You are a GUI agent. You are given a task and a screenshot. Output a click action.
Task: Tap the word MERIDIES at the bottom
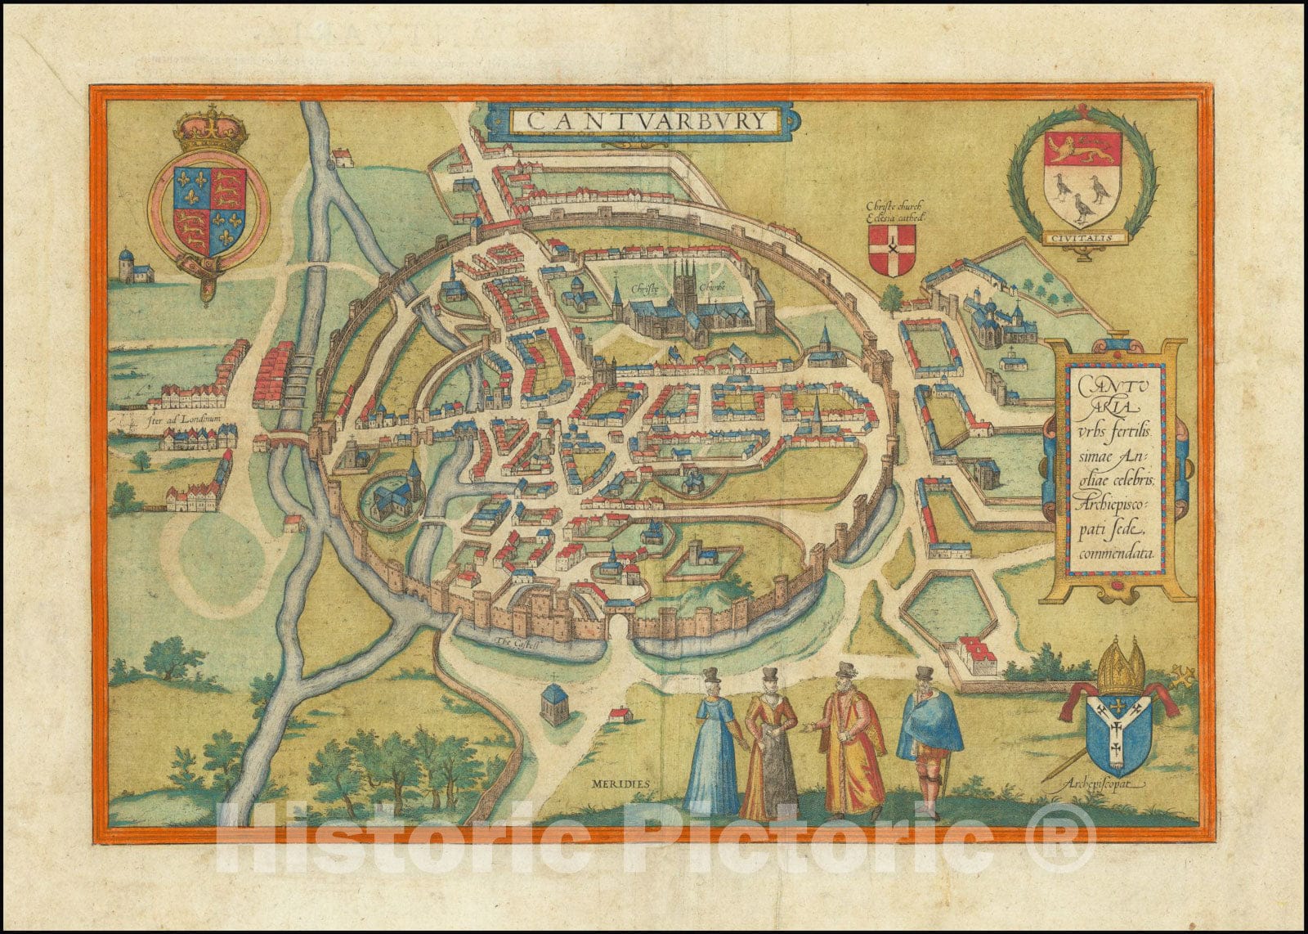[x=618, y=783]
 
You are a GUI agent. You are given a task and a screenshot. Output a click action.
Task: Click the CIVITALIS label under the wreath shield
[x=1082, y=238]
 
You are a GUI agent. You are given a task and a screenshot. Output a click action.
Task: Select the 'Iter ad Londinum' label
[x=181, y=419]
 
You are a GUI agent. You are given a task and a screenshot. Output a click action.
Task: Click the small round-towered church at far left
[x=131, y=266]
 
